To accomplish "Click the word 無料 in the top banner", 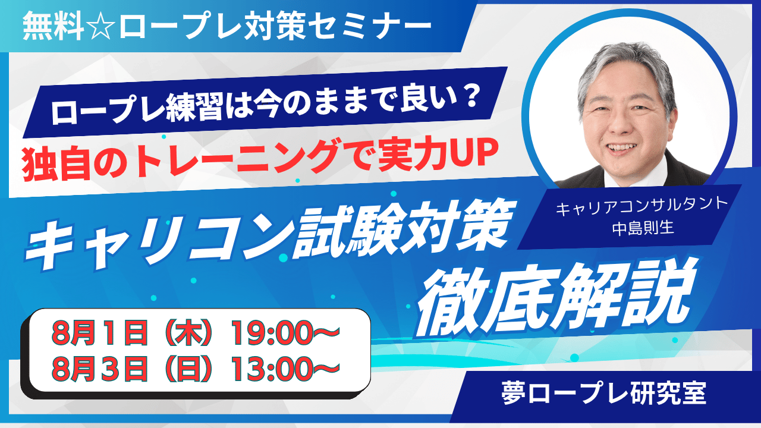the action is [54, 26].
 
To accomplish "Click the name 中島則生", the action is [643, 228].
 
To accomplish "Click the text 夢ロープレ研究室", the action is [603, 393].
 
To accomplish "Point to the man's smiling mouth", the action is [621, 148].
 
